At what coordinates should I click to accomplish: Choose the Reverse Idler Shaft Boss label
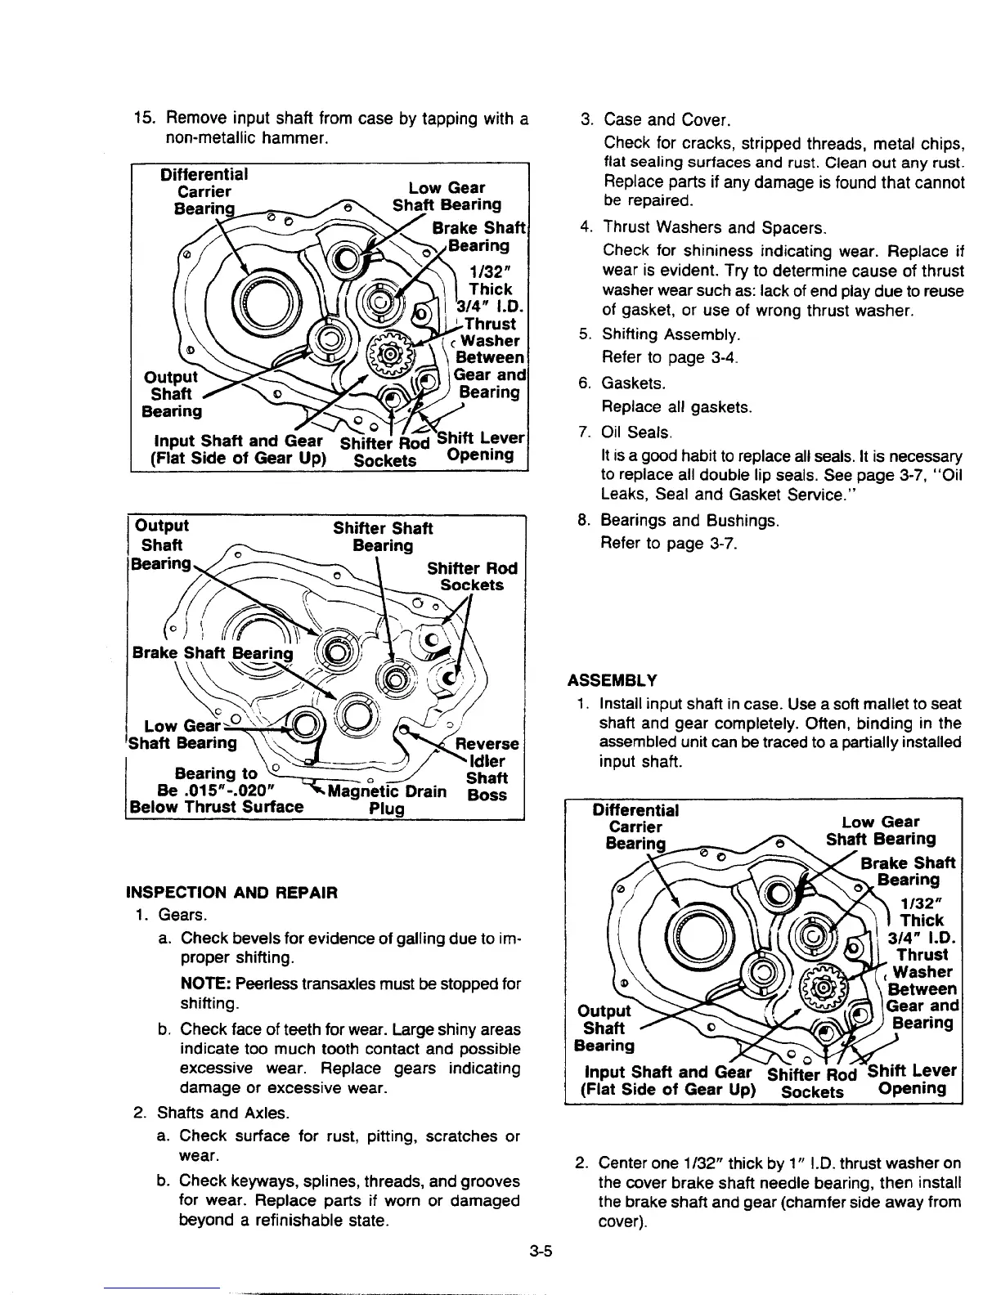487,768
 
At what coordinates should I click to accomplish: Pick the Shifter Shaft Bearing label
383,536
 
